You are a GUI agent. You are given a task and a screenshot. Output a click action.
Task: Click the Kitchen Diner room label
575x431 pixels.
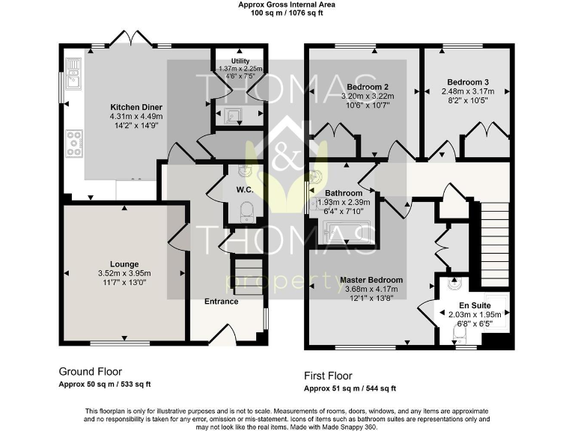pos(136,106)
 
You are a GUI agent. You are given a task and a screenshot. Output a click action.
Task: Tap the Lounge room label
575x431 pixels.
pos(124,264)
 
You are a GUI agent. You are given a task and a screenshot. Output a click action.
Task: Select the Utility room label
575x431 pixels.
pos(240,61)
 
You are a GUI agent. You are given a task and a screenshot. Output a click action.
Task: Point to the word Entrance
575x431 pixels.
pos(222,302)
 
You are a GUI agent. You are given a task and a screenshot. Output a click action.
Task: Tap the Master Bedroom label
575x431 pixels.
pos(371,280)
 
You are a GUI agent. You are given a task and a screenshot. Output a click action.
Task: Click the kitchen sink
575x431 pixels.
pos(73,73)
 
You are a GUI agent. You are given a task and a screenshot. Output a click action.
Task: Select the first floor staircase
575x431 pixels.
pos(495,233)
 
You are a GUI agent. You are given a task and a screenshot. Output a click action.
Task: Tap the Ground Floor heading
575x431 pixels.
pos(90,371)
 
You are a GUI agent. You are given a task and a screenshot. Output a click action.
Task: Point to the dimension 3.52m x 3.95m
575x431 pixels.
pos(124,273)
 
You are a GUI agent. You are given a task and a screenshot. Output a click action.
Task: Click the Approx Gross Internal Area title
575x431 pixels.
pos(287,4)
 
